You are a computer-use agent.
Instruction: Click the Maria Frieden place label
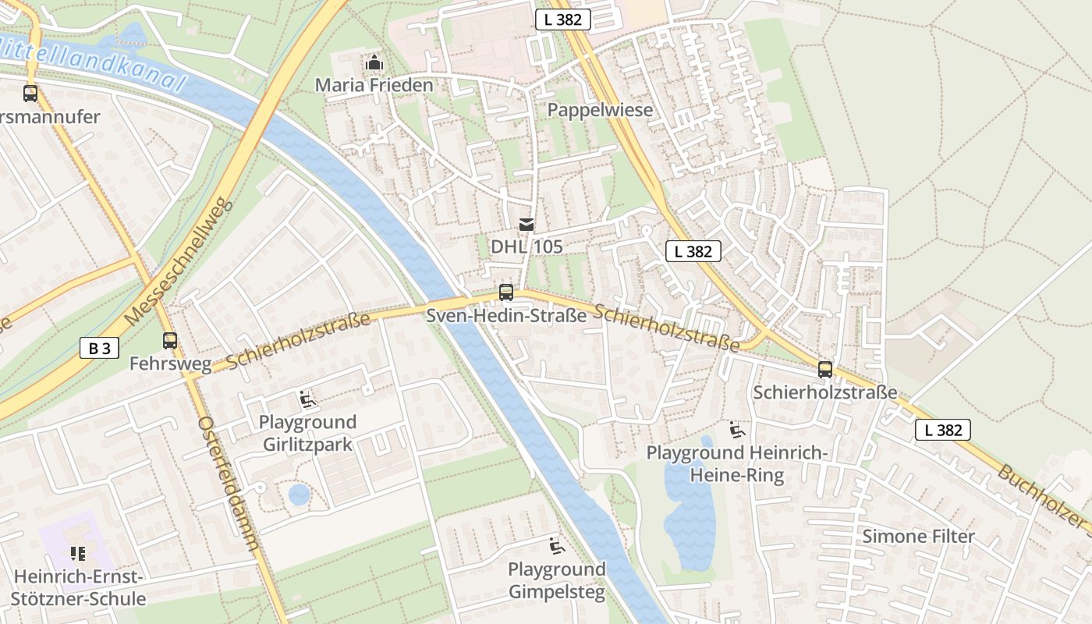point(374,85)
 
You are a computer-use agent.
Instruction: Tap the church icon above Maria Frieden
point(374,62)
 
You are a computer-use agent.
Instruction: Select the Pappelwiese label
point(600,110)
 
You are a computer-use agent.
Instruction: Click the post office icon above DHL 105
point(526,225)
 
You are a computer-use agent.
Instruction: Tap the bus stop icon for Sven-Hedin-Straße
point(506,292)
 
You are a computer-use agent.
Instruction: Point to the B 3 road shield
point(99,348)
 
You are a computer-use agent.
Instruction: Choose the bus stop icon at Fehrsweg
point(169,341)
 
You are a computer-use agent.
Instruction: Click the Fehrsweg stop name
point(170,363)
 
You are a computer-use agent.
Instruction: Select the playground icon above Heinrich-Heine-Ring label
point(737,430)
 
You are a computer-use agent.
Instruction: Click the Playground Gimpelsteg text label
point(556,580)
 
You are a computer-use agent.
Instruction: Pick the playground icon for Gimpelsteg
point(556,546)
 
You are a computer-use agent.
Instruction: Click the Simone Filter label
point(918,537)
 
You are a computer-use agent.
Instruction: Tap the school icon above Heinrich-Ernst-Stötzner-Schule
point(77,554)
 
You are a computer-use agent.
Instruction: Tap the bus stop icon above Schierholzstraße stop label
point(824,370)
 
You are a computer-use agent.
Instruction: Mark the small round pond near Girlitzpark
point(299,495)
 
